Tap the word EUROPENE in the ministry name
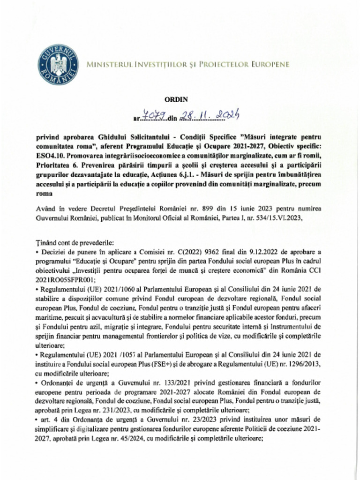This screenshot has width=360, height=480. pos(269,64)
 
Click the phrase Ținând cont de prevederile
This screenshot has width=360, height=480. pos(75,243)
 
